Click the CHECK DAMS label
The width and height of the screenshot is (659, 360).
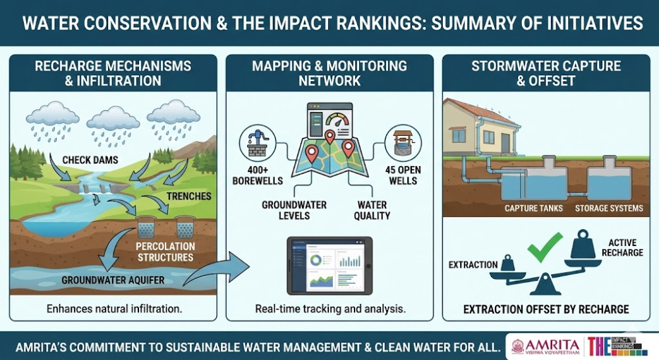point(90,160)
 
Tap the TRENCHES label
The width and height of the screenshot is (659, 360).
point(188,196)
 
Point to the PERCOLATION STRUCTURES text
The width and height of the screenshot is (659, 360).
point(165,252)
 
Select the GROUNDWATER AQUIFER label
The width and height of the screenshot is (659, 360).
point(113,280)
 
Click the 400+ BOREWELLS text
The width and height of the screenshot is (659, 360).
point(258,175)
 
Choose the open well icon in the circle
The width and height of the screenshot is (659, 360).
point(403,143)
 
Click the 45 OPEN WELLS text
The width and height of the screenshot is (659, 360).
point(403,175)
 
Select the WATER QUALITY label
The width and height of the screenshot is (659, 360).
point(372,210)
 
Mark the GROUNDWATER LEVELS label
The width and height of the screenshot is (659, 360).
point(294,210)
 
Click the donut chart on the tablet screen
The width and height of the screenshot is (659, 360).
point(316,260)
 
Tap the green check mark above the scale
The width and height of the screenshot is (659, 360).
point(545,247)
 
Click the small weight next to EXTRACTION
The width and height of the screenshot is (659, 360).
point(507,263)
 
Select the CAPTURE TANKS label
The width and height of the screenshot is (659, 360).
point(533,208)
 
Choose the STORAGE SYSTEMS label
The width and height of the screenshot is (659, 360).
point(609,208)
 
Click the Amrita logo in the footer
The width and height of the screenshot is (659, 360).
point(545,345)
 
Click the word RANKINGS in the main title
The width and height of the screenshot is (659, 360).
point(376,22)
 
